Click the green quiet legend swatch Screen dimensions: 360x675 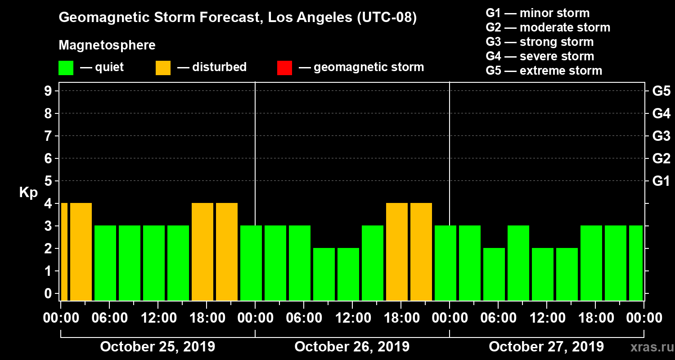[66, 67]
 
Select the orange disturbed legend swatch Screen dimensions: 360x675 [163, 67]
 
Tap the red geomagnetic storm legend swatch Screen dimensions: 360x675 [284, 67]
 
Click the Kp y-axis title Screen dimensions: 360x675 [28, 193]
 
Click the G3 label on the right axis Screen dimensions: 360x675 [661, 136]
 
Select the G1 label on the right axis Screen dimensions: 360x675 [661, 181]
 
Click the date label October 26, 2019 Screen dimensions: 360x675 [352, 347]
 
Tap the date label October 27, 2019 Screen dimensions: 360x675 [546, 347]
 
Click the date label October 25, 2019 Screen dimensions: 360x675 [157, 347]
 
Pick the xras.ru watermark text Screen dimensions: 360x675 [649, 347]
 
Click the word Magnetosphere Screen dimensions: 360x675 [107, 45]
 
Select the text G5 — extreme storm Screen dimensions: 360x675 [544, 71]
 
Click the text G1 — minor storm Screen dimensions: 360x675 [537, 13]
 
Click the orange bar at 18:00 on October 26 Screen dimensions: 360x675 [397, 252]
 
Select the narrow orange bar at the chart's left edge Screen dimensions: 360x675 [64, 252]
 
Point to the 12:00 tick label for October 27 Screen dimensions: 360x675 [546, 318]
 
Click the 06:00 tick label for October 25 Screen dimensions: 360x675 [109, 318]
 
